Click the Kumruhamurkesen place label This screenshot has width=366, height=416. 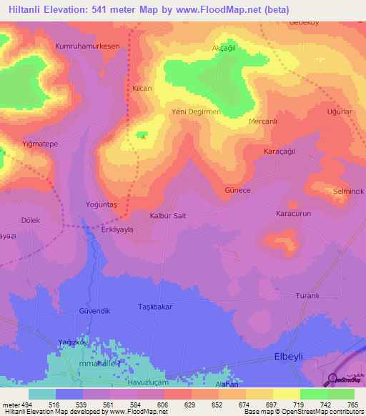tap(86, 45)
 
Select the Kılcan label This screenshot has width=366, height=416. tap(142, 87)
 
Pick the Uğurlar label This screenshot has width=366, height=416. tap(340, 113)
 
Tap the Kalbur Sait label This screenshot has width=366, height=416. tap(168, 215)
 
